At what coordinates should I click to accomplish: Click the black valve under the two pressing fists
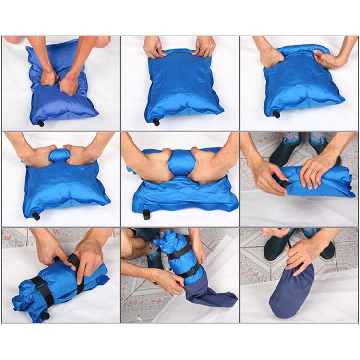pos(41,123)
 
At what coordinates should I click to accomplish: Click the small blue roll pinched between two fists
pos(60,155)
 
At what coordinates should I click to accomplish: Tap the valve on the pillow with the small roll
pos(36,216)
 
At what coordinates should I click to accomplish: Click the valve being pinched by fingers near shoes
pos(285,183)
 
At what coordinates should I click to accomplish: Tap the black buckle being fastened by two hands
pos(74,261)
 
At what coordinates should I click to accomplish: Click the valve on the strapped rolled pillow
pos(46,315)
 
